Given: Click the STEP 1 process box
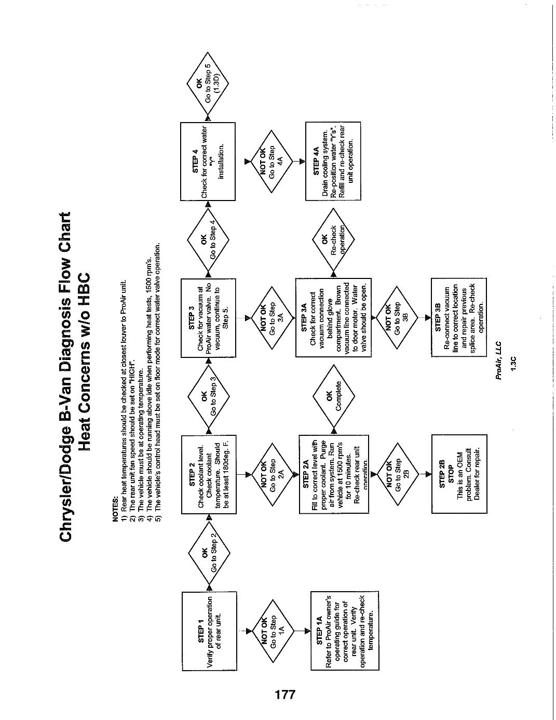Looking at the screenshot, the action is click(209, 631).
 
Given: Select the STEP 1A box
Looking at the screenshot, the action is click(345, 631).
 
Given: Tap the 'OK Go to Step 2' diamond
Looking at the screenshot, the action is click(209, 553).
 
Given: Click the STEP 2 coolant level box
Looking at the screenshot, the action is click(209, 474).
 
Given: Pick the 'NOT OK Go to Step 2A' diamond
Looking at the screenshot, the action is click(273, 474).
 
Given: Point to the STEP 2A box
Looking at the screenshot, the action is click(334, 474).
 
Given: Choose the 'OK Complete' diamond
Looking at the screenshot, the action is click(334, 396).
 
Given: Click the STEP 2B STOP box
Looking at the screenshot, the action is click(459, 474).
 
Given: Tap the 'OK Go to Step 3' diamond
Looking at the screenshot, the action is click(209, 396).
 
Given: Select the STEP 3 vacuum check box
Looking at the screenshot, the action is click(208, 318).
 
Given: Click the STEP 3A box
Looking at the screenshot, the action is click(333, 317).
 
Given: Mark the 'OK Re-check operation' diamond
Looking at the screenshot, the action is click(333, 239).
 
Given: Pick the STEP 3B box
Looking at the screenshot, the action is click(459, 317).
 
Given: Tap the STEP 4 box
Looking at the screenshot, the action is click(208, 162).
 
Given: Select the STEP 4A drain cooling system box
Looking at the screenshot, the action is click(333, 161).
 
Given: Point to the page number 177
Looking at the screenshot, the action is click(285, 694).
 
